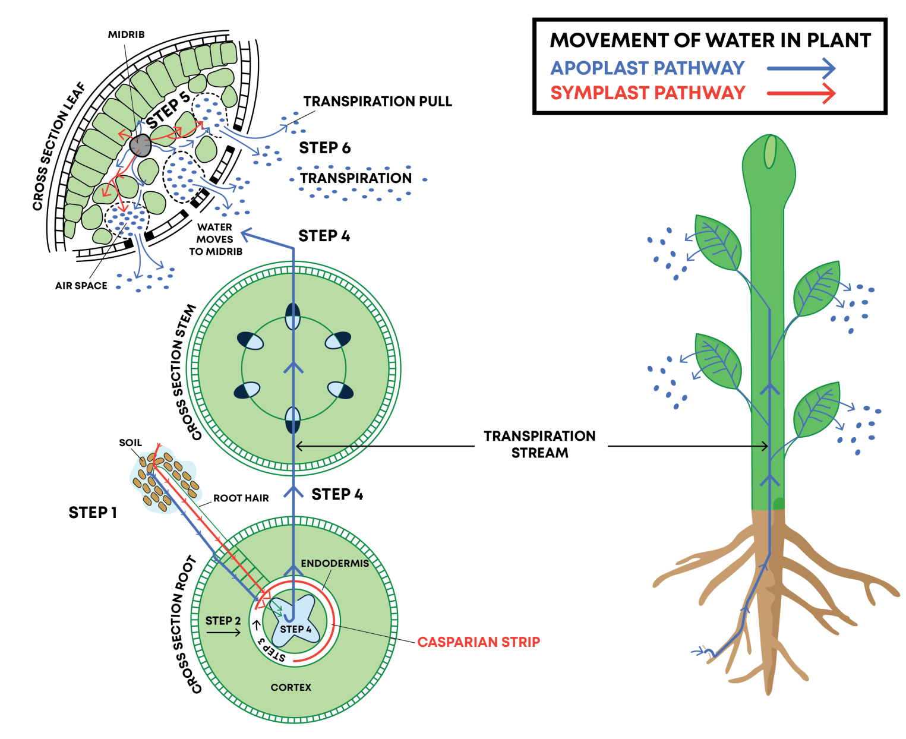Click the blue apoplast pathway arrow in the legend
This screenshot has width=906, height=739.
pos(800,68)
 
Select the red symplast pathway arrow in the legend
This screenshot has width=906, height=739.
pos(800,93)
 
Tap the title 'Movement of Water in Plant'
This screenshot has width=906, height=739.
pos(710,40)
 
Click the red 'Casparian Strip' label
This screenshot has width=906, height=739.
pos(478,642)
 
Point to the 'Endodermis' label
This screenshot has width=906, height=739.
pos(334,563)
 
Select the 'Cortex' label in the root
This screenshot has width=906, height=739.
pos(291,687)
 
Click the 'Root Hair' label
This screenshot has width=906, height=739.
pos(241,498)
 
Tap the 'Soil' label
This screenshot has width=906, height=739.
pos(130,443)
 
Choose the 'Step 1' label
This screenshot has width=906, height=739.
pos(92,512)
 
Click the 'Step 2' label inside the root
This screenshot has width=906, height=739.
pos(223,620)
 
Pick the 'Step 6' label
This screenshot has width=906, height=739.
pos(324,148)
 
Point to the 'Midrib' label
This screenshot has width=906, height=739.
pos(126,34)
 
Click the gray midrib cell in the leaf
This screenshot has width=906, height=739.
pos(140,145)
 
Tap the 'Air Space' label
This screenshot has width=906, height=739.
pos(81,286)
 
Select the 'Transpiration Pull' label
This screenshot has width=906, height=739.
pos(377,102)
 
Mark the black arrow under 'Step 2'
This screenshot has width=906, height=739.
pos(223,632)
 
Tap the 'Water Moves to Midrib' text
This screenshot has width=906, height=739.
pos(215,239)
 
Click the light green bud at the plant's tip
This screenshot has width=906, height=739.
pos(769,151)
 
